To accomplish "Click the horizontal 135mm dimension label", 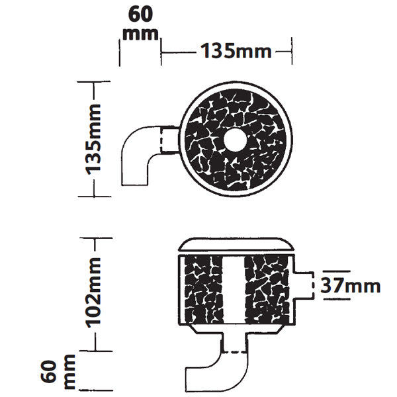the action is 236,51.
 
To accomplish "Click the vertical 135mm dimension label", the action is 93,139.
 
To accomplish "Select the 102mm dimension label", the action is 93,292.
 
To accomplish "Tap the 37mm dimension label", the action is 351,285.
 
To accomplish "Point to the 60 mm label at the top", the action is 140,23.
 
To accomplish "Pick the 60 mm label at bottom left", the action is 58,372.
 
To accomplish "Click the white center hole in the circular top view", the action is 235,140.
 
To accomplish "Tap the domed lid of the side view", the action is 236,245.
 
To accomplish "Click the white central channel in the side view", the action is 234,290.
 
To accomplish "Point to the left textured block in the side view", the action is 204,290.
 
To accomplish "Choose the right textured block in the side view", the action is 267,290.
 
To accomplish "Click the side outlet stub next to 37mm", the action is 304,286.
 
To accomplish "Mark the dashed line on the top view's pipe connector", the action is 161,140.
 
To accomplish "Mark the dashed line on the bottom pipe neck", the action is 234,352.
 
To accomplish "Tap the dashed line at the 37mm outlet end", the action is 314,286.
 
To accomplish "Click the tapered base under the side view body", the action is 236,329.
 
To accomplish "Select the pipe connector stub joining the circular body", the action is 170,140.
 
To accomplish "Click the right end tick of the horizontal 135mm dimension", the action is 292,51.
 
